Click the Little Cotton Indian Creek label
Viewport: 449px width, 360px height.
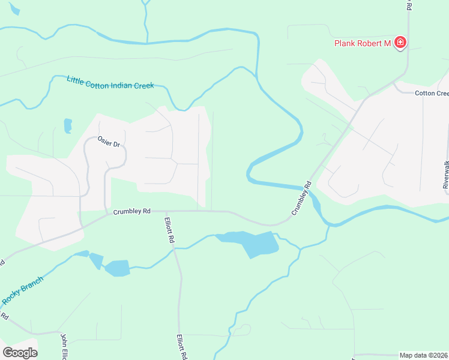[110, 83]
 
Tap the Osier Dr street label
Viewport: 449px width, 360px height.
[109, 142]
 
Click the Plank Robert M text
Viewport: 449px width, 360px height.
[362, 43]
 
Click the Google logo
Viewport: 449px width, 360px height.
[20, 353]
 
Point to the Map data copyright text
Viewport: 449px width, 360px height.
[424, 355]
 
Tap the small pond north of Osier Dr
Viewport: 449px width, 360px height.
[68, 125]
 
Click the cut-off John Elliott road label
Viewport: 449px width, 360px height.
[62, 347]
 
